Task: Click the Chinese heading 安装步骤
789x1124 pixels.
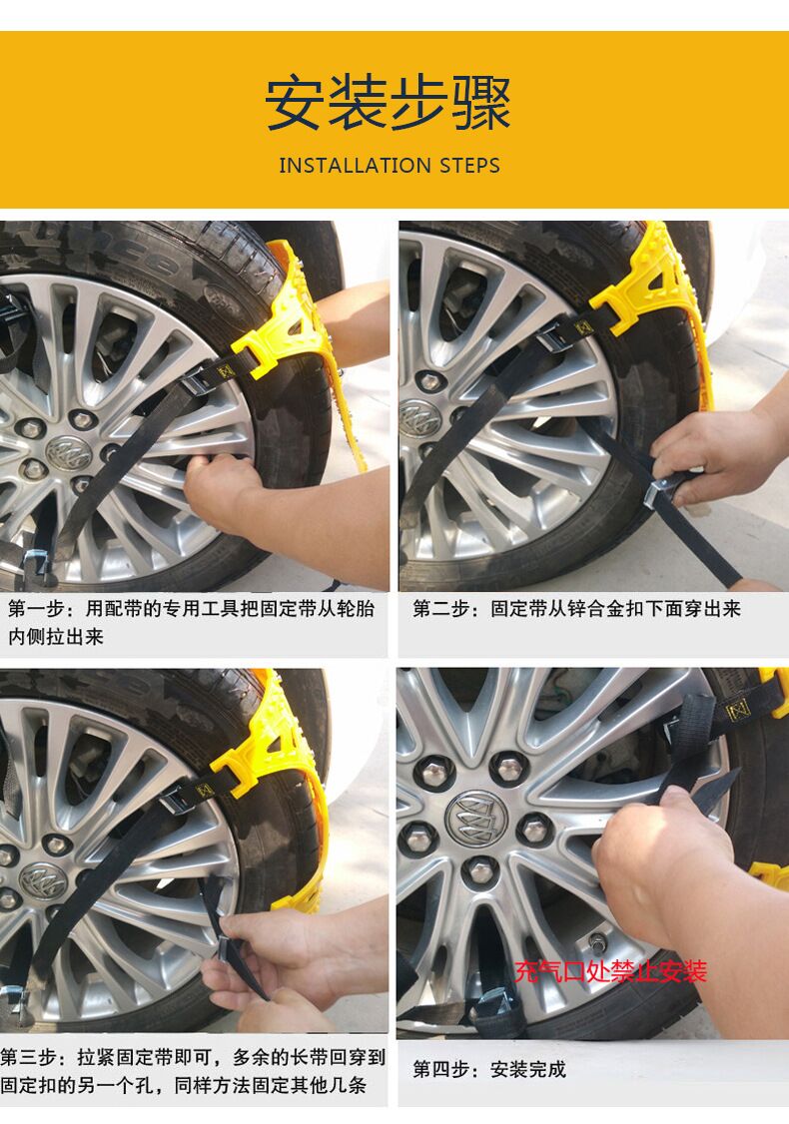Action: coord(389,103)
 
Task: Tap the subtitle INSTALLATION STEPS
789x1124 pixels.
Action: coord(390,166)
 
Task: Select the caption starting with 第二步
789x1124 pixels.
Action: coord(577,609)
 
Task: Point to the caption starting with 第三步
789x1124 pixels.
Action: coord(191,1071)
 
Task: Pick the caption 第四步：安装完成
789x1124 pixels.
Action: coord(489,1069)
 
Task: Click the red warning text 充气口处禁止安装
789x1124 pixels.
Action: coord(610,970)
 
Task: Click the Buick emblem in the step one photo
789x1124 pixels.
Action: coord(68,454)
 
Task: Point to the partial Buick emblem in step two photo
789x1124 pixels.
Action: coord(417,417)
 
